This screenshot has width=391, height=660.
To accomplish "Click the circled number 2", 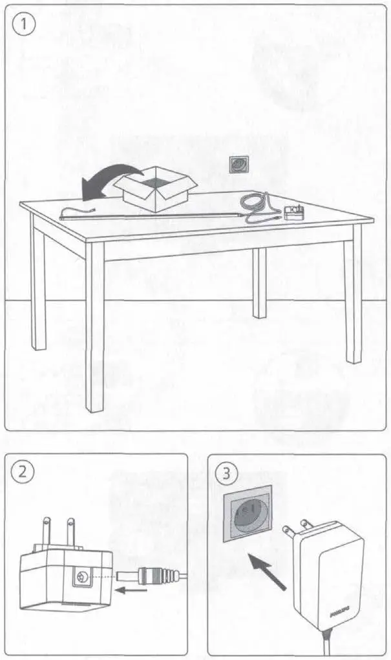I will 23,473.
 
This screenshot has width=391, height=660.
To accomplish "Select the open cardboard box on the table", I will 155,188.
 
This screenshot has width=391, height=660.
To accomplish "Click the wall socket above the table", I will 238,165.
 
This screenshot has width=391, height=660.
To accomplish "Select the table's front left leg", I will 95,326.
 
